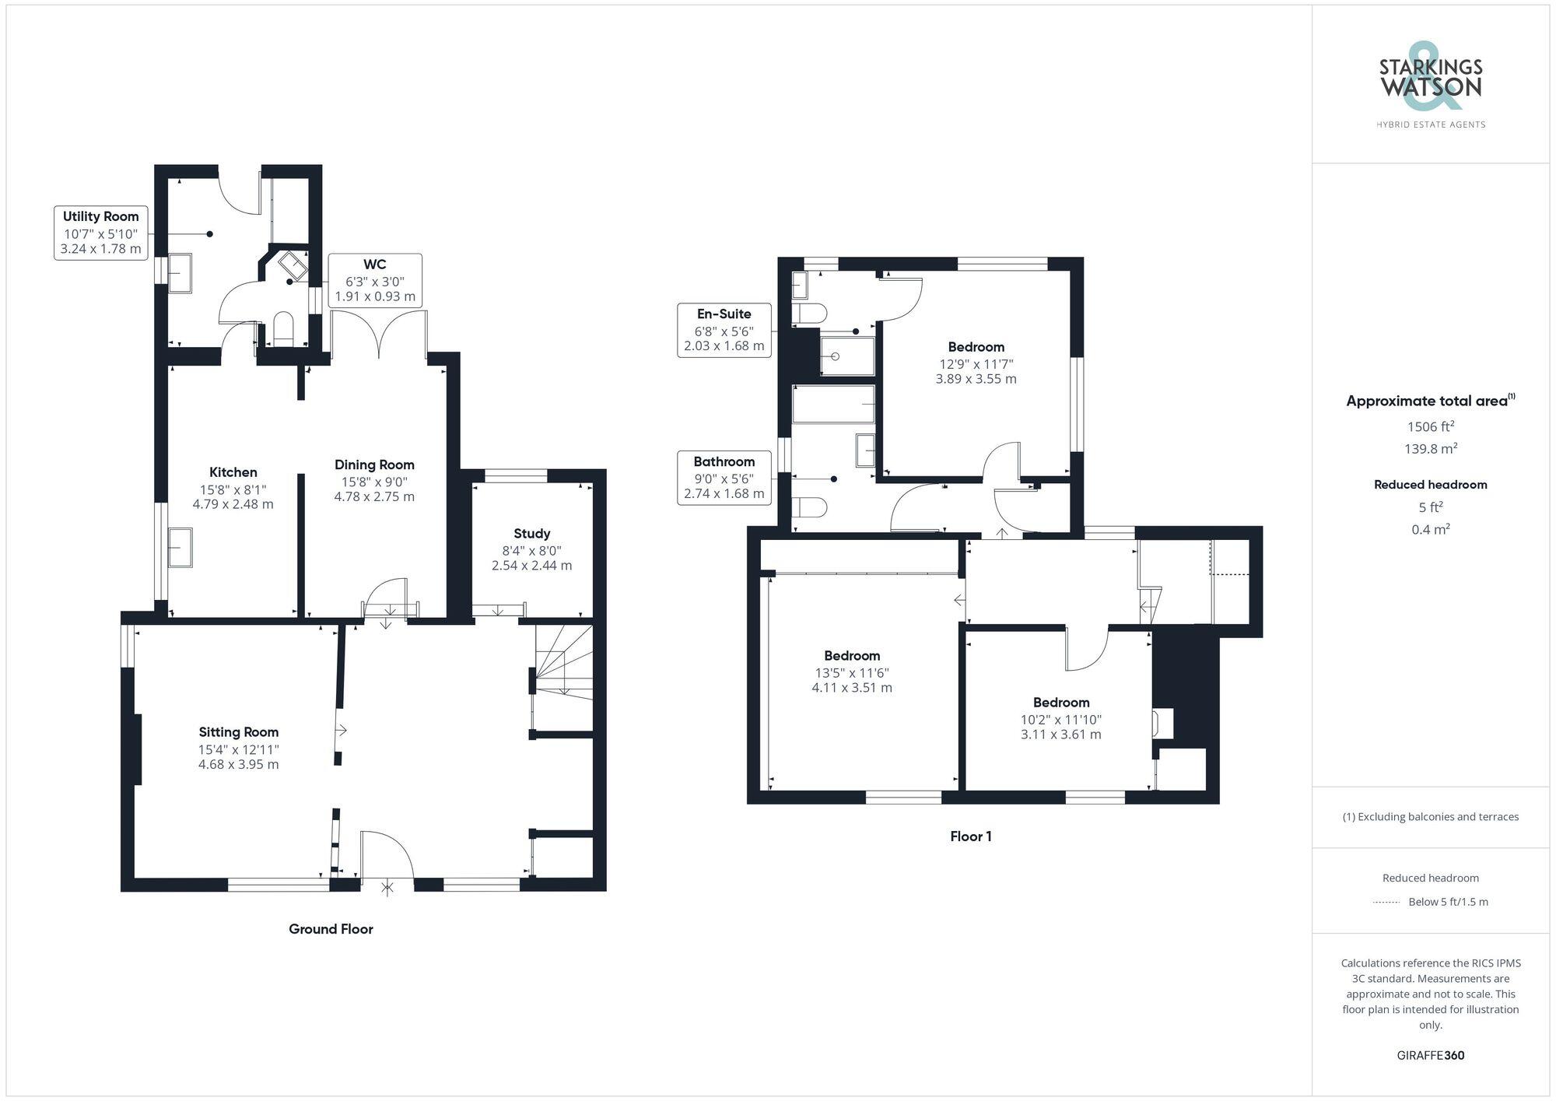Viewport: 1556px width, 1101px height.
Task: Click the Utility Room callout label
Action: click(101, 233)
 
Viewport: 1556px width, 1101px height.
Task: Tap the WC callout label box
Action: click(375, 280)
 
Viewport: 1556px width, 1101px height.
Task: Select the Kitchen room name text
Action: click(233, 472)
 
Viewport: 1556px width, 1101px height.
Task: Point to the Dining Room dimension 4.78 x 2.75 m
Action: click(374, 496)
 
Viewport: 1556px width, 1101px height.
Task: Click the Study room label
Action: click(531, 534)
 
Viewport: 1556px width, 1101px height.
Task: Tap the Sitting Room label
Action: click(238, 732)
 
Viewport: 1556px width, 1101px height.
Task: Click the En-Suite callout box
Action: click(724, 330)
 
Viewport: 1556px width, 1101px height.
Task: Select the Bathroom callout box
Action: click(724, 477)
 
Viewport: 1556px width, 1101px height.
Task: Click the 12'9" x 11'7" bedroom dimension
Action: click(976, 363)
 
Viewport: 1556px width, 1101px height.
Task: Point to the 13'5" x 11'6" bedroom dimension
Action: click(851, 672)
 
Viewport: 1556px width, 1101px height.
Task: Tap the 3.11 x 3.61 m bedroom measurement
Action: click(1060, 735)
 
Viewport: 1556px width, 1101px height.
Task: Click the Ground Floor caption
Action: click(331, 929)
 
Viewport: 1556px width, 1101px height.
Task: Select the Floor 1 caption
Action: click(970, 836)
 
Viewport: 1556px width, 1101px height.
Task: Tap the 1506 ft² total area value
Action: click(1430, 426)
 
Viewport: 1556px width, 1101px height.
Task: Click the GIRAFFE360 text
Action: click(1430, 1056)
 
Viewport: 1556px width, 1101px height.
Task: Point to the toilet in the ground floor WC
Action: click(283, 330)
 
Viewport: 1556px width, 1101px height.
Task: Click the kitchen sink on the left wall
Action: click(180, 548)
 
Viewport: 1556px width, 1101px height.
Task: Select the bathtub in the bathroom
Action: click(832, 405)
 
